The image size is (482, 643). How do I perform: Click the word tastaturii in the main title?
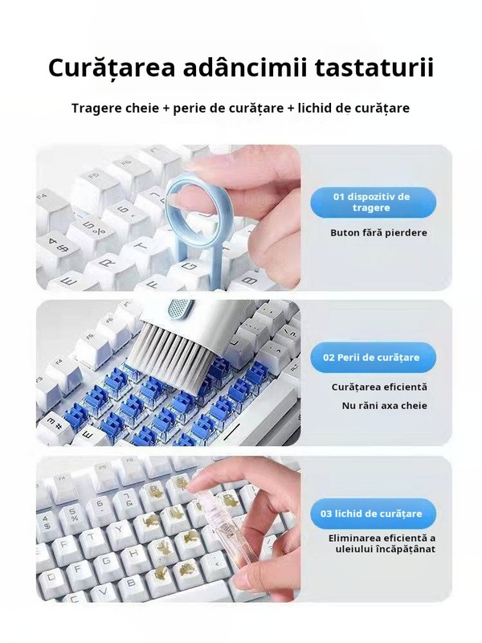(374, 68)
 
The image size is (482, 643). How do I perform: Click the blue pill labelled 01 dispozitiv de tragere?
(373, 203)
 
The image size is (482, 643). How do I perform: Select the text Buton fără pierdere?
(378, 233)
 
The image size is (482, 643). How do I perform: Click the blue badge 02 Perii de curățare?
(373, 357)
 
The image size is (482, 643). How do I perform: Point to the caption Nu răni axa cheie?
(385, 406)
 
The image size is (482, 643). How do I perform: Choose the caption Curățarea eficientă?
(379, 387)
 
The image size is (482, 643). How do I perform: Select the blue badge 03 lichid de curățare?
(373, 514)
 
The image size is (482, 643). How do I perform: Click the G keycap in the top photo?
(190, 268)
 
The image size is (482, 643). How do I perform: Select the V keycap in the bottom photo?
(105, 590)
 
